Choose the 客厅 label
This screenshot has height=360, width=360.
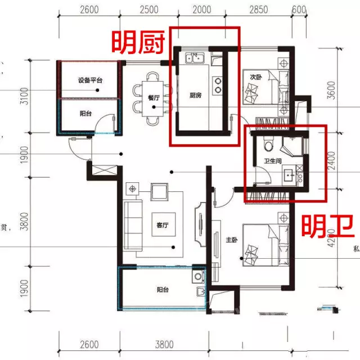163,225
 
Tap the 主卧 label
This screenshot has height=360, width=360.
231,240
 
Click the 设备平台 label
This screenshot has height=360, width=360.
90,80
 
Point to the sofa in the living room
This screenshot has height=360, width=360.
133,225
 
